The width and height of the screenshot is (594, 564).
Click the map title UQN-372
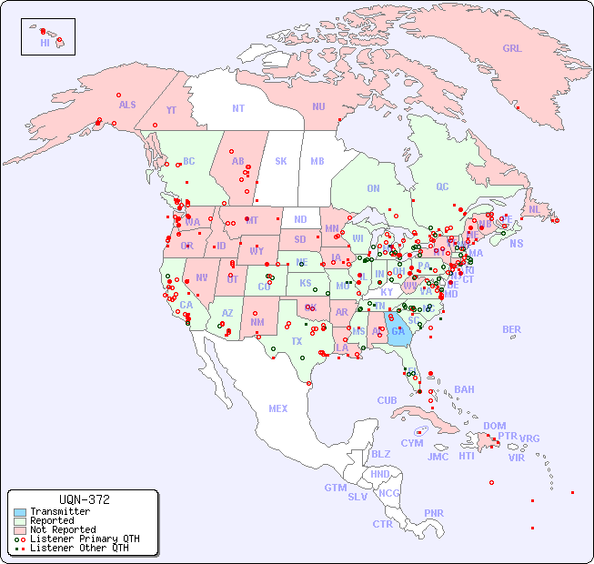pos(84,499)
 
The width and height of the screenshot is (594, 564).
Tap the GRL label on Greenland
pos(512,49)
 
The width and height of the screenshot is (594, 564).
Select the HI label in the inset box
pos(45,43)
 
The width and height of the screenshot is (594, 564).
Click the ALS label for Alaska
pos(127,105)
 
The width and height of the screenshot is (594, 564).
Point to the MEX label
pos(278,408)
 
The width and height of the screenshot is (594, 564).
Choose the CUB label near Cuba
pos(387,400)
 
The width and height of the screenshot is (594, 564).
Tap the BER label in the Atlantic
pos(511,329)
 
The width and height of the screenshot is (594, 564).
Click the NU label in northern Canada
pos(318,106)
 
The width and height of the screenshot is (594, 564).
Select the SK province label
pos(281,161)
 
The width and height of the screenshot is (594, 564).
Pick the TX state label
pos(297,341)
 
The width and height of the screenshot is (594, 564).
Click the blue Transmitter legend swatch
pos(20,512)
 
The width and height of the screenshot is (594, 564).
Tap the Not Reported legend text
pos(63,529)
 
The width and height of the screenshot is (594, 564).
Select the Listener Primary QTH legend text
pos(85,539)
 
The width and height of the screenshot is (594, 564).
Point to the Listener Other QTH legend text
pos(79,548)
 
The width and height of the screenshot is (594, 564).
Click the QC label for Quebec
pos(442,186)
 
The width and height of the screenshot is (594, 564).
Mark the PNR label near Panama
pos(434,513)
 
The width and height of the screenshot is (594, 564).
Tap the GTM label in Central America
pos(335,488)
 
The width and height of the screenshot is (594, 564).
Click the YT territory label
pos(171,110)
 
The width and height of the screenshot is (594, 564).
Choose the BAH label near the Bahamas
pos(464,389)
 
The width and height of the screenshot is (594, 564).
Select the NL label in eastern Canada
pos(534,208)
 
